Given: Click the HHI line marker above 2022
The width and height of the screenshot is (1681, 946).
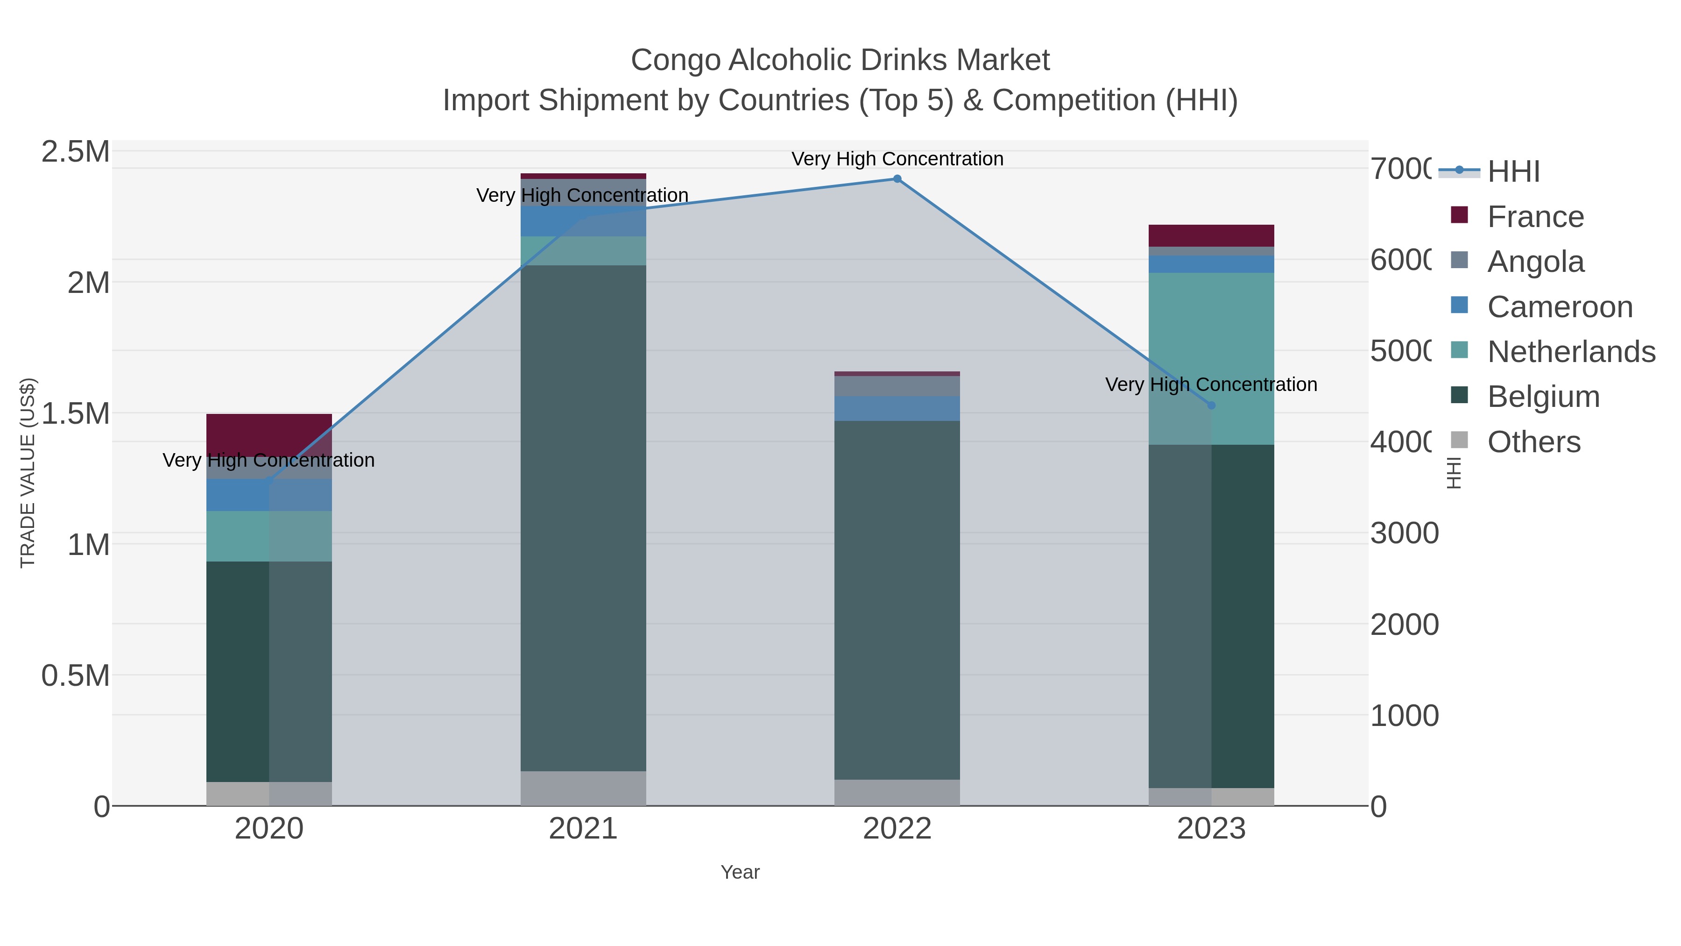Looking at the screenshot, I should (897, 179).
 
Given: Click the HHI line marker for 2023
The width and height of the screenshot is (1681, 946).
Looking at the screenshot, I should (1211, 405).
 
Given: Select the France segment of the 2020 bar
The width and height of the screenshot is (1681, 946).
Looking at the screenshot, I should (269, 434).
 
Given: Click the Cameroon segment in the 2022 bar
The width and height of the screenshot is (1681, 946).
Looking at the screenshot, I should (897, 409).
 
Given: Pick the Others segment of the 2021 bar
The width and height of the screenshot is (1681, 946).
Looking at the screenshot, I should (583, 789).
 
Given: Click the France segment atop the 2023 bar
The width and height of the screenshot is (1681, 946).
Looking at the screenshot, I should (1211, 235).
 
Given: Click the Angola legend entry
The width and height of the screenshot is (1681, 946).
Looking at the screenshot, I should (1535, 261).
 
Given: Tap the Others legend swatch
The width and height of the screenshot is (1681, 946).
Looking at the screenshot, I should (1460, 441).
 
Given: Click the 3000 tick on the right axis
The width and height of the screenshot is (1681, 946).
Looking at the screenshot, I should (1404, 533).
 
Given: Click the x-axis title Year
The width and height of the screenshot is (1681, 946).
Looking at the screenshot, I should (740, 872).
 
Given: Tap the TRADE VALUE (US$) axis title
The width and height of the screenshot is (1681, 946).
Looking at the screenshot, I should (28, 473).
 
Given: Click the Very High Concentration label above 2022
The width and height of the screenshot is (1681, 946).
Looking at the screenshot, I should (897, 159).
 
